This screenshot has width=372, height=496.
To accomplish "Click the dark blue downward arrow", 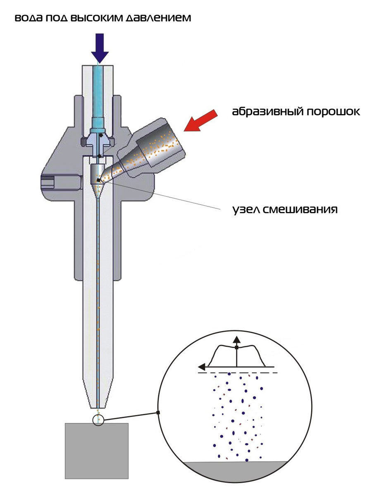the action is [100, 48].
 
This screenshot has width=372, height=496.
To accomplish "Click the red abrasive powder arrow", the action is [200, 120].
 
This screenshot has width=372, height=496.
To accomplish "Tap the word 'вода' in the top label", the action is [29, 18].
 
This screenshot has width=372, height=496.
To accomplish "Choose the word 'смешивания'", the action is [300, 210].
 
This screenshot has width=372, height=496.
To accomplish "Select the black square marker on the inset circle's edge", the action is [158, 413].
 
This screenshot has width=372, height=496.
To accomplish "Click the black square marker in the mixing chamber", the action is [98, 180].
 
